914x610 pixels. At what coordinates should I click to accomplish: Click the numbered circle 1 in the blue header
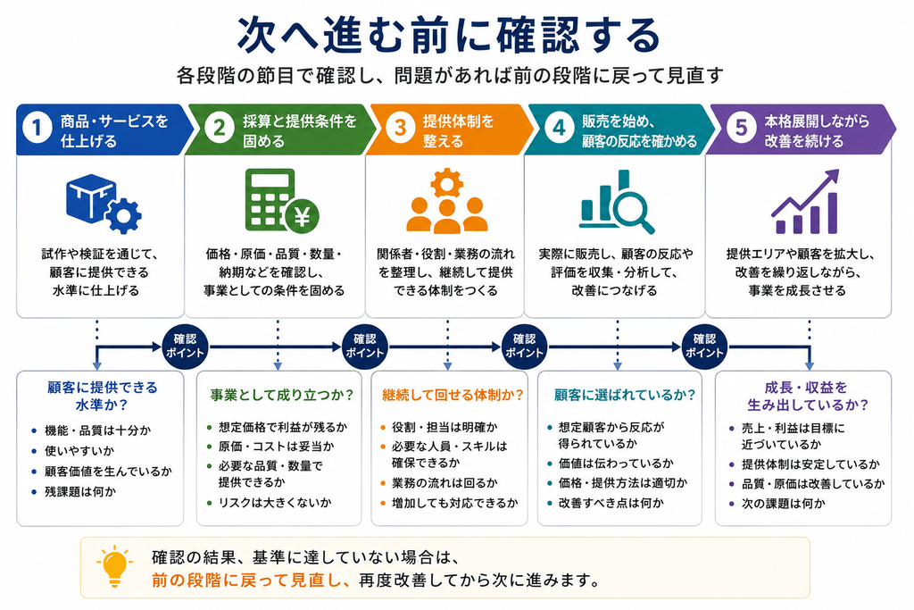coord(37,128)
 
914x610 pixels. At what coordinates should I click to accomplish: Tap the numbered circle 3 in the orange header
coord(400,128)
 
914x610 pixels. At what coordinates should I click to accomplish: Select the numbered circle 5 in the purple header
coord(742,128)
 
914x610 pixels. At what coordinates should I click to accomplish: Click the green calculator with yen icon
coord(282,200)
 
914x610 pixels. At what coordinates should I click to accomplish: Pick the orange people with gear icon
coord(446,201)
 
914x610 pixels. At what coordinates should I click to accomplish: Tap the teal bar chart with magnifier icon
coord(617,202)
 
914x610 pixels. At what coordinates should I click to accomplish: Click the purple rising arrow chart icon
coord(805,201)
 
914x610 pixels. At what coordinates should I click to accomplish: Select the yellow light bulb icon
coord(114,566)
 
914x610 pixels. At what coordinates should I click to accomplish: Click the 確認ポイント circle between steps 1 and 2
coord(185,347)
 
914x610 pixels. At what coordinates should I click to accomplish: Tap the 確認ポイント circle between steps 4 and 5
coord(704,347)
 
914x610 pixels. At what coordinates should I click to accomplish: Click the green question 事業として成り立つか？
coord(282,396)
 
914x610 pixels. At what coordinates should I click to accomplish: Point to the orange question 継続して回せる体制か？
coord(453,396)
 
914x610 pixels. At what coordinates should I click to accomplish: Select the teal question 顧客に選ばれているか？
coord(624,396)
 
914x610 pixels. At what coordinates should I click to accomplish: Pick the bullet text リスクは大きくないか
coord(275,503)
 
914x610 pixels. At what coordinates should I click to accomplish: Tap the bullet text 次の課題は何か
coord(783,504)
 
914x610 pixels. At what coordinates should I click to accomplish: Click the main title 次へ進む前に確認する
coord(449,36)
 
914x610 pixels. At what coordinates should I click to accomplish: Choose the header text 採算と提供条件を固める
coord(300,131)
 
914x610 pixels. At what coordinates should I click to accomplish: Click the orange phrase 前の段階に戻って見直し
coord(251,581)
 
